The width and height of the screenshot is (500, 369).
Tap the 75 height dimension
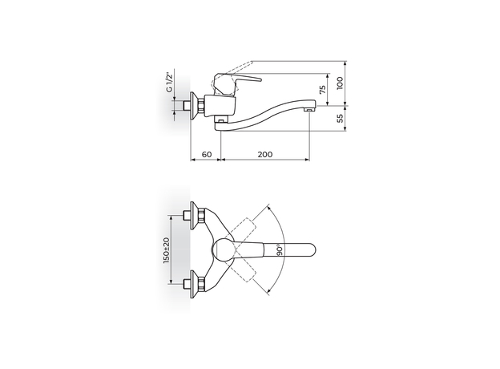323,90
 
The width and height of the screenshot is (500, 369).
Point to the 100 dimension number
339,83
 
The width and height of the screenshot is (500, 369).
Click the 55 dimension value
339,118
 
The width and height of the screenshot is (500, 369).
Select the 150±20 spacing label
167,249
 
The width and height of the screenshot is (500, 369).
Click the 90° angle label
279,250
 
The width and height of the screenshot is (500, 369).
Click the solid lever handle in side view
240,80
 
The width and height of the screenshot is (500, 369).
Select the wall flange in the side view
192,106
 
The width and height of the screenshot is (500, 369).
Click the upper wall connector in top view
192,215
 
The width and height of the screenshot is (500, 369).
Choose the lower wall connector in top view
192,284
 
